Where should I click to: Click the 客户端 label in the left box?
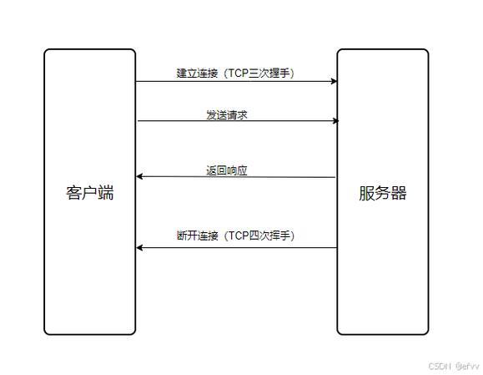[89, 193]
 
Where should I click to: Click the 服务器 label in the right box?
[383, 193]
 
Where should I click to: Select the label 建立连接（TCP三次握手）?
[235, 73]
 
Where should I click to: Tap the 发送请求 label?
[227, 114]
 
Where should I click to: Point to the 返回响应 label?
[227, 170]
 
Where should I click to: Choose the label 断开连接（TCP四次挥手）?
[235, 236]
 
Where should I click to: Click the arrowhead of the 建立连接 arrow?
[334, 81]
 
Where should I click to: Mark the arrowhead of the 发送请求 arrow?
[335, 121]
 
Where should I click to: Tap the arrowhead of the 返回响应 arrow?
[140, 176]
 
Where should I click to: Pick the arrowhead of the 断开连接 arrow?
[140, 247]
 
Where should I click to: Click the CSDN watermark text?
[439, 366]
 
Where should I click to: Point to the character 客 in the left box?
[73, 193]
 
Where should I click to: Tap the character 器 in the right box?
[399, 193]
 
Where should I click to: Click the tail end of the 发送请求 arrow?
[138, 121]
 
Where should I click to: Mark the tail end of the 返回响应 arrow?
[335, 177]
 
